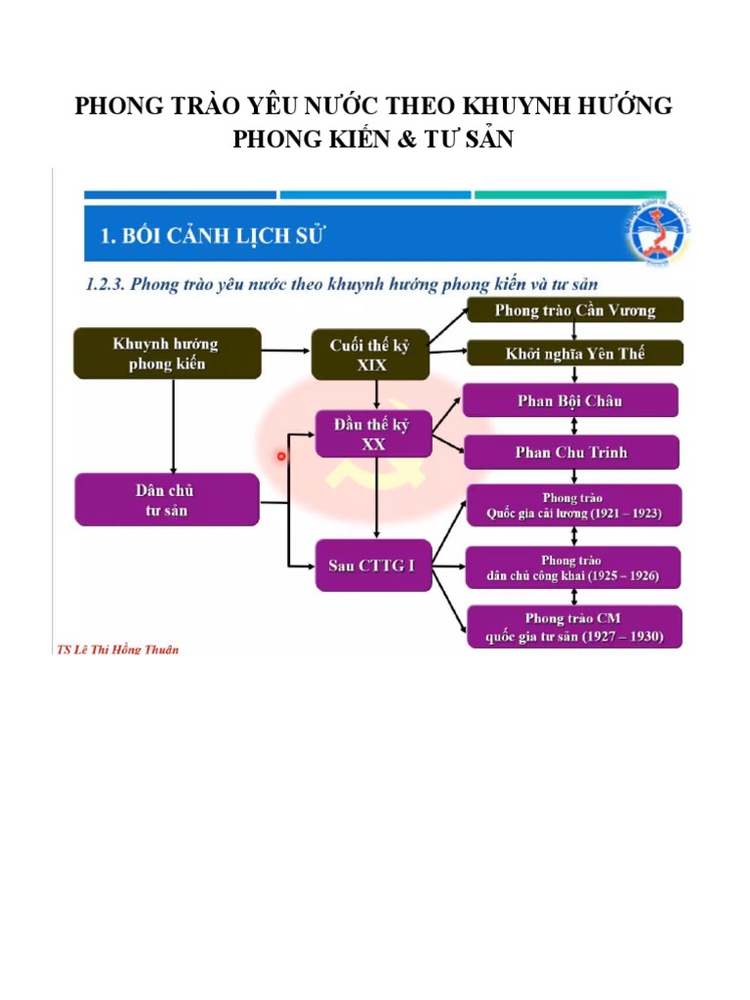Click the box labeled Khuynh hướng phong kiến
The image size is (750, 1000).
[166, 354]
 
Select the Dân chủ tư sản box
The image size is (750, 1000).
[166, 499]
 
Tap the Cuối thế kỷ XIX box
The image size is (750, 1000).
[371, 354]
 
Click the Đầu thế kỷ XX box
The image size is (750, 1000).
[374, 434]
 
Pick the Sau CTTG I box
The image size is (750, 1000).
[372, 565]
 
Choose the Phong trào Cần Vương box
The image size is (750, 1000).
[575, 311]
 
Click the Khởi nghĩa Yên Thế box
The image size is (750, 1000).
[575, 354]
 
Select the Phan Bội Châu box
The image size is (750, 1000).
[570, 400]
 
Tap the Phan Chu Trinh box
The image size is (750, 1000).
[570, 452]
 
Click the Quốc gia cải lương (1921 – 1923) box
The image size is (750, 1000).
[573, 506]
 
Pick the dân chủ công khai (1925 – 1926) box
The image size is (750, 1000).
[573, 568]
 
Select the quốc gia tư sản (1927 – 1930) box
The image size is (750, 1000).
[573, 628]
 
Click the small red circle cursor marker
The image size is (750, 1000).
[281, 456]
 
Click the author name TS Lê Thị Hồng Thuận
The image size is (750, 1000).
[117, 649]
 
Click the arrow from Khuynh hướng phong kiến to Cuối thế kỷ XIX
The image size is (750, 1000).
[286, 349]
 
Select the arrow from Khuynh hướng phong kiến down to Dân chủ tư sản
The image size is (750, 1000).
[173, 426]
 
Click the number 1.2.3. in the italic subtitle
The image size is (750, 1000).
[102, 284]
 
